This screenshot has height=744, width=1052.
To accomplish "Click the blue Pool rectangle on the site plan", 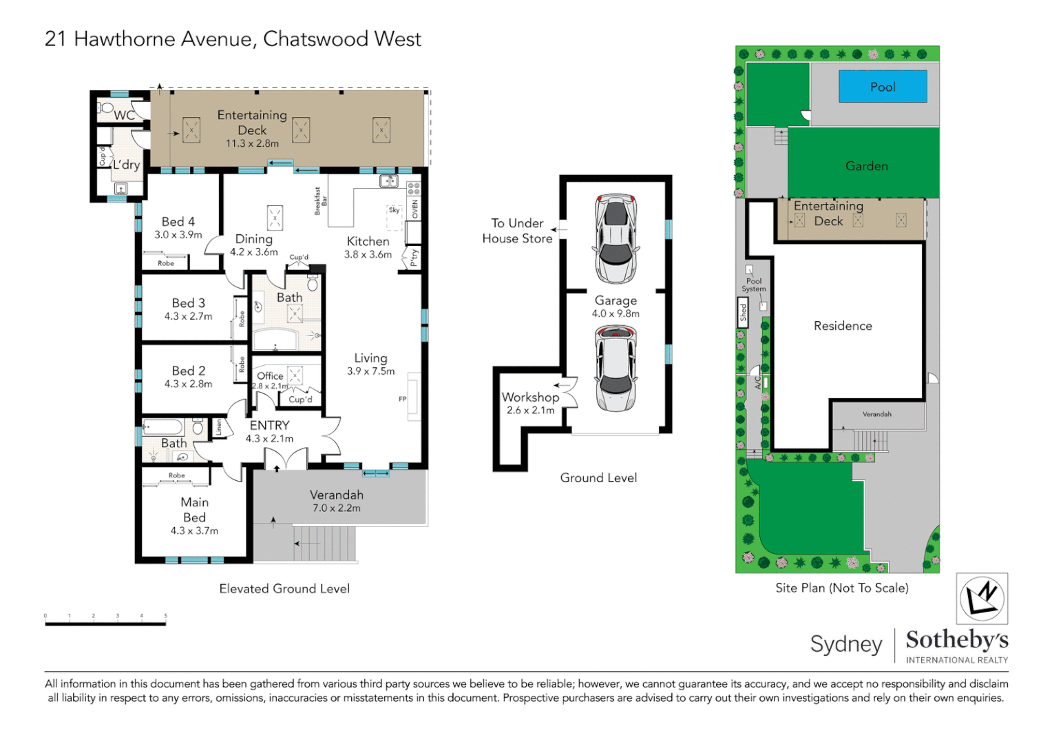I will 882,87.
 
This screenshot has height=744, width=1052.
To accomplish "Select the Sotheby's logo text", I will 956,640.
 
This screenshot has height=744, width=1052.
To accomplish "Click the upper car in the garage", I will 616,238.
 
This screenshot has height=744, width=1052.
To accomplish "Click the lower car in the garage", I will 616,368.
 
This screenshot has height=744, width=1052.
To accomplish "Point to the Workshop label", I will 530,397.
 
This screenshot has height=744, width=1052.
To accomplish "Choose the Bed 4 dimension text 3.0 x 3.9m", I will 178,235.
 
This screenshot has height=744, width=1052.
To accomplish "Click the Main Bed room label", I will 194,510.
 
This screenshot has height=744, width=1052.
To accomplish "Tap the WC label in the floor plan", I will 125,115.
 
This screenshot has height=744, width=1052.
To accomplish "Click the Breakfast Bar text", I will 320,201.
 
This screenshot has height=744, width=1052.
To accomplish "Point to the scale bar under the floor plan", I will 105,623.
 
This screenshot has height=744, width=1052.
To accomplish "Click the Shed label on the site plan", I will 744,312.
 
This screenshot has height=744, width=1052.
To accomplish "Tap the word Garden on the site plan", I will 866,166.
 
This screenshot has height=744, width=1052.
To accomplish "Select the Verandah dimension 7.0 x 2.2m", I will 337,508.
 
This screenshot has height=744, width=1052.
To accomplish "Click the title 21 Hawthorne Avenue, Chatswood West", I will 233,39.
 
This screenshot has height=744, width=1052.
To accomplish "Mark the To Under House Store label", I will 517,231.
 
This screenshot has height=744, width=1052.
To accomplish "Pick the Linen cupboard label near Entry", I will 220,427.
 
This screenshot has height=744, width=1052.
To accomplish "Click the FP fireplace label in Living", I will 403,399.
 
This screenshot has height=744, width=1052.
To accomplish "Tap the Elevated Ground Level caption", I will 284,588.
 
